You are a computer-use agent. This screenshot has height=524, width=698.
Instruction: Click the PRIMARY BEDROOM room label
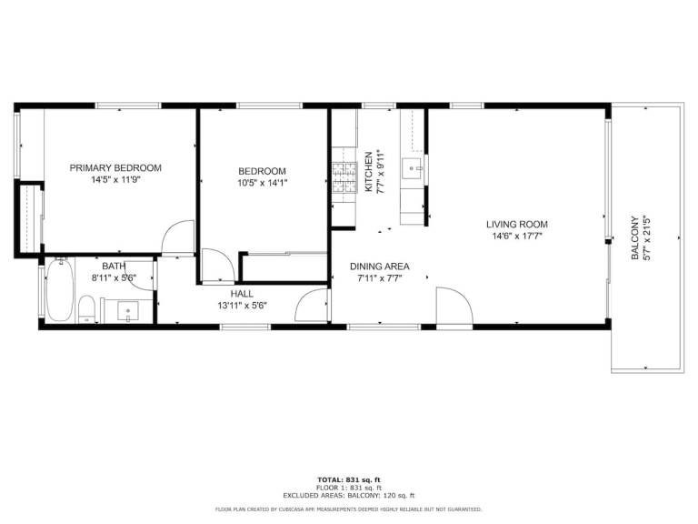pos(115,168)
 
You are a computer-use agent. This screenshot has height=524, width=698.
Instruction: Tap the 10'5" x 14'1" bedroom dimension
pos(262,183)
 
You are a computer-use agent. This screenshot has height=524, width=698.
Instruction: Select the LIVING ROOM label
pos(517,225)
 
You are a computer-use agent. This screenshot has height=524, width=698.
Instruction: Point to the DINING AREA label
pos(380,267)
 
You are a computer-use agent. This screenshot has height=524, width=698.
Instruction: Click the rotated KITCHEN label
pos(369,172)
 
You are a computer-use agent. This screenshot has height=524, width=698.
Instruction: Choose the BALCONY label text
pos(634,238)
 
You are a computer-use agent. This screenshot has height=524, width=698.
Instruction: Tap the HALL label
pos(242,294)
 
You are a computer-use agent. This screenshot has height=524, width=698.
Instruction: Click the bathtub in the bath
pos(60,290)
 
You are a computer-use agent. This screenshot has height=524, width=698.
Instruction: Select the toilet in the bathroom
pos(86,308)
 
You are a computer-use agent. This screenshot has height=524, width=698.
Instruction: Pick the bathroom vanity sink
pos(128,310)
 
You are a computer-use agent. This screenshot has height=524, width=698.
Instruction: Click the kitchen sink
pos(412,167)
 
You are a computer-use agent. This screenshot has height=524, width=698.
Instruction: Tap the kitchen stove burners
pos(344,177)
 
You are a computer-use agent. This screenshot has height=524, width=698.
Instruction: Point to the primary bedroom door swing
pos(177,237)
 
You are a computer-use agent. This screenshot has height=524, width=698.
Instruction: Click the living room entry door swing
pos(454,307)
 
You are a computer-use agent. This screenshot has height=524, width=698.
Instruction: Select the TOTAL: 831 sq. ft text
pos(349,480)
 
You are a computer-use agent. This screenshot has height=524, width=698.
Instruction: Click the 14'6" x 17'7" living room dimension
pos(517,237)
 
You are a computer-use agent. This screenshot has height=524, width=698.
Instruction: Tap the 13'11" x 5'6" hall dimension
pos(242,306)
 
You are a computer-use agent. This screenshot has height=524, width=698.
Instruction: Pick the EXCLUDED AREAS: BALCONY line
pos(349,496)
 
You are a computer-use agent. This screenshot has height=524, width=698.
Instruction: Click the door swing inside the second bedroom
pos(218,266)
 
